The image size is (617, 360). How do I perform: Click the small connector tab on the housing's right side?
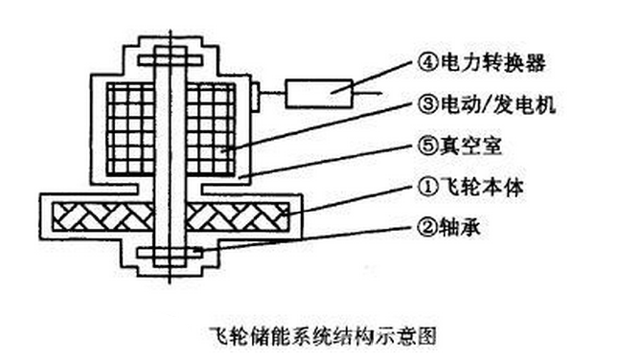point(256,93)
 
